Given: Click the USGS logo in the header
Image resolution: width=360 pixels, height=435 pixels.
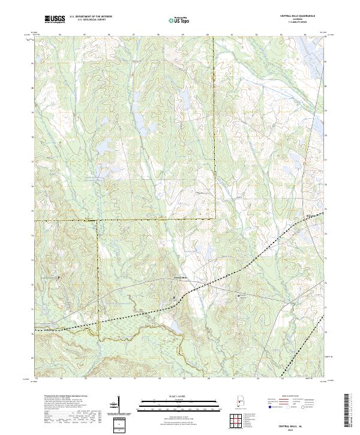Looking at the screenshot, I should coord(55,20).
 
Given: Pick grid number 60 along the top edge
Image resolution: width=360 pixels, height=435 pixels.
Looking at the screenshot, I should coord(207,35).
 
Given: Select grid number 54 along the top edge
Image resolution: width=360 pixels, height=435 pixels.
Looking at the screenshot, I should coord(61,35).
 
